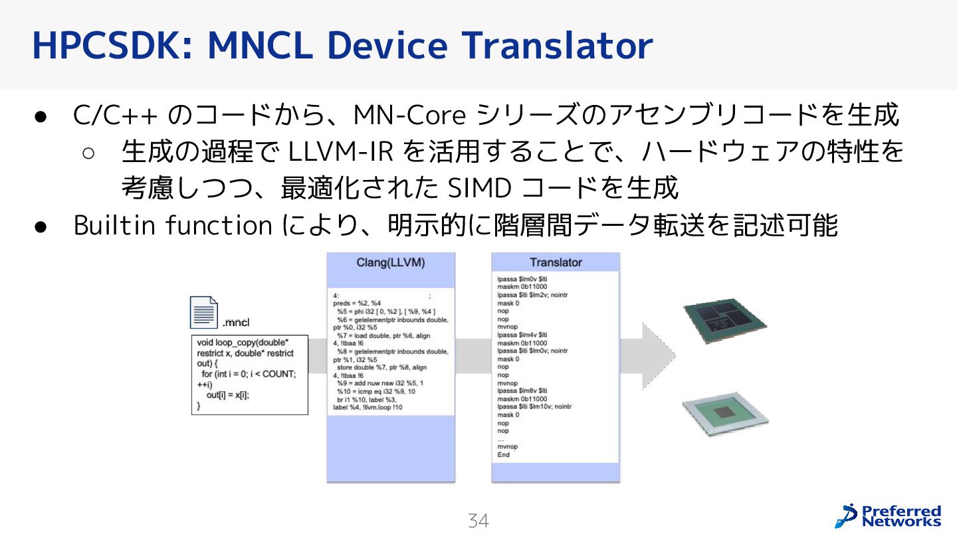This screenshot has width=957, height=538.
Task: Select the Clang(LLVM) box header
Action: pos(391,262)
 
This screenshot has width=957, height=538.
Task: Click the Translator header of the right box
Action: pos(556,262)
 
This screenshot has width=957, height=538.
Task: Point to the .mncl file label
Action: pos(236,323)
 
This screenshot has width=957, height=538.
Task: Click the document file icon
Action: pos(204,312)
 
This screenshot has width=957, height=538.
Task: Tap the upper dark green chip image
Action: pos(724,320)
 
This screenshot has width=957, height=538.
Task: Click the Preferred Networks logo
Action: pos(888,515)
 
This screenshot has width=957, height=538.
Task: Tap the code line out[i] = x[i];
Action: pos(232,395)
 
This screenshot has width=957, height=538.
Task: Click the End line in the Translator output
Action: pos(503,455)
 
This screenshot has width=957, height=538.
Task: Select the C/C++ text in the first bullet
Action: pos(114,116)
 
